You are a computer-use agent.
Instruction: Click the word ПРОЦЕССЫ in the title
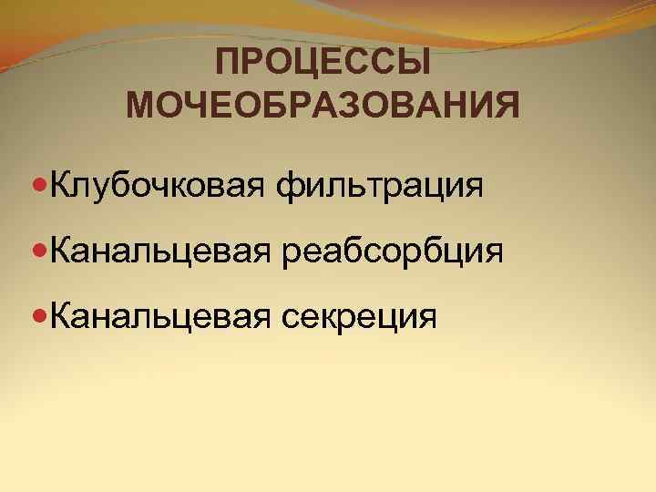(323, 64)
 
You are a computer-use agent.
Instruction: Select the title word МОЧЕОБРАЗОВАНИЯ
(323, 105)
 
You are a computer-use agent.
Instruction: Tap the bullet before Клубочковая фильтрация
(38, 188)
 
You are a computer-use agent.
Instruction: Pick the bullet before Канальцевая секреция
(38, 315)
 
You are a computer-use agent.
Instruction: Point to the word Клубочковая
(159, 188)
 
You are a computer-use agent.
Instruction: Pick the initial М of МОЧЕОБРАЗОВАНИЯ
(141, 105)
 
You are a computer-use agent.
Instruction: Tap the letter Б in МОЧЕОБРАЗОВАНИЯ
(271, 105)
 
